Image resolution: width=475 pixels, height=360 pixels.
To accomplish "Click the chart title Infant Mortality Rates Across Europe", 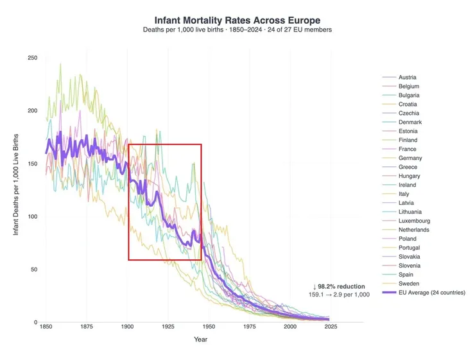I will (x=237, y=21).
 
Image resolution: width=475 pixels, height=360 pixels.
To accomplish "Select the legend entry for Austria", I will (x=407, y=78).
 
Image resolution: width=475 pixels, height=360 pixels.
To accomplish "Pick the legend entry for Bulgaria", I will (x=408, y=96).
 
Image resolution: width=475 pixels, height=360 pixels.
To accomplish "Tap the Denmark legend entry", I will (x=409, y=123).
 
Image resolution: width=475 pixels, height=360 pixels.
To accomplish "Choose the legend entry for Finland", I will (x=408, y=140).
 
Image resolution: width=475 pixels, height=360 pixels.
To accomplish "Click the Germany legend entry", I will (x=410, y=158).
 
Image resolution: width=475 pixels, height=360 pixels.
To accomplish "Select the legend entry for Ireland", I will (x=408, y=185).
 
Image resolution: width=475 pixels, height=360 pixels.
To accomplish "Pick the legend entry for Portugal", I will (x=409, y=248).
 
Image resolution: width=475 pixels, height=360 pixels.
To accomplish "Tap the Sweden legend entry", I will (x=408, y=284).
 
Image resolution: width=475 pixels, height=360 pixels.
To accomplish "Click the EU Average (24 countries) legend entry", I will (x=431, y=293).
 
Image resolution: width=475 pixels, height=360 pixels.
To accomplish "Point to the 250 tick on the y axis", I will (x=33, y=58).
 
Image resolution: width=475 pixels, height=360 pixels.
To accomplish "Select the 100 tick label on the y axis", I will (x=33, y=217).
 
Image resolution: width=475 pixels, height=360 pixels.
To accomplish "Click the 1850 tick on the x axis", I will (x=46, y=327).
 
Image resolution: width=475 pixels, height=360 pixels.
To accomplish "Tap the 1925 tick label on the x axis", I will (x=168, y=327).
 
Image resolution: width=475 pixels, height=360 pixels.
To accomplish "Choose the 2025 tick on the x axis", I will (x=331, y=327).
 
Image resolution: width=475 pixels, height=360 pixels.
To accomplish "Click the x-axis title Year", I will (x=201, y=339).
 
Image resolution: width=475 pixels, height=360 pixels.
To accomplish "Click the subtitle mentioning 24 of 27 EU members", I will (x=237, y=31).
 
